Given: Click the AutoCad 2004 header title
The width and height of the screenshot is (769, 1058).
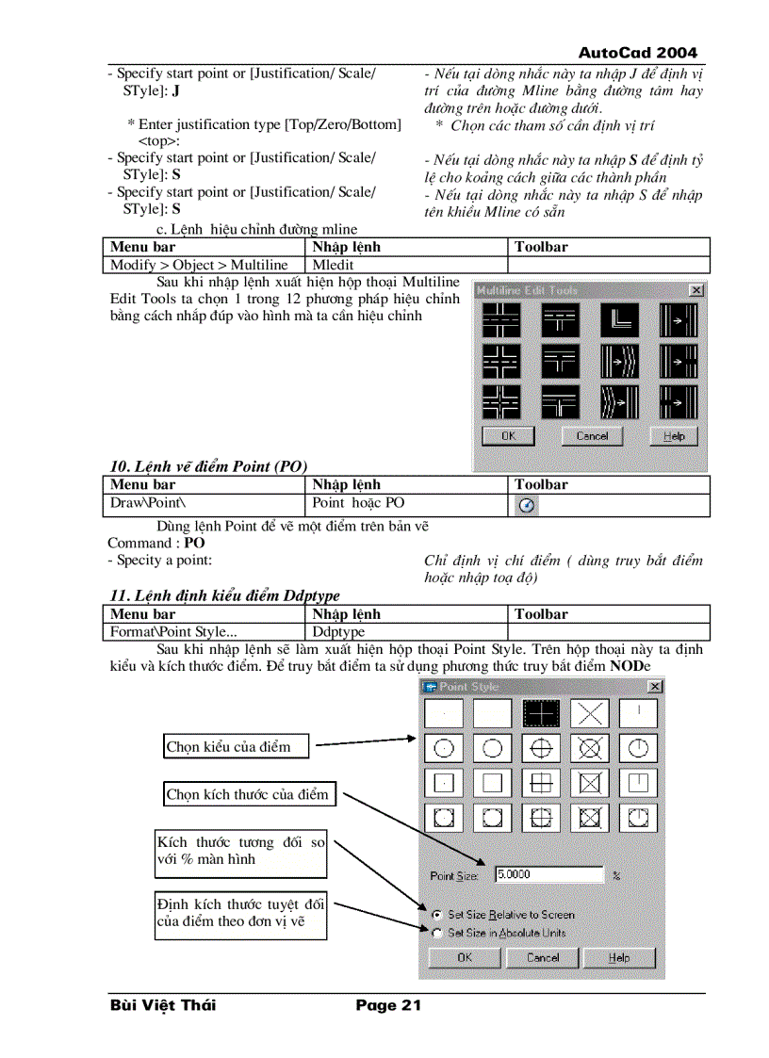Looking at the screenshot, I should [637, 53].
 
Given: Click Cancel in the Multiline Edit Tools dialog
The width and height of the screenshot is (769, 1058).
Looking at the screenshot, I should [592, 436].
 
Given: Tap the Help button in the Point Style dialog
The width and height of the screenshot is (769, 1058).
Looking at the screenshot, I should [618, 957].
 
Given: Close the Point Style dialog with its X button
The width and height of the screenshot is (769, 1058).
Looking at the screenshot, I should [655, 687].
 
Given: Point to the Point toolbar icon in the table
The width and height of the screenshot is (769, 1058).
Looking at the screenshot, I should [528, 506].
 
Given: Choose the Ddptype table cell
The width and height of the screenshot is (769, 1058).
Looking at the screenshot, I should [338, 631].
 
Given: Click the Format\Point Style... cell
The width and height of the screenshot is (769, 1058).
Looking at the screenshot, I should [174, 631].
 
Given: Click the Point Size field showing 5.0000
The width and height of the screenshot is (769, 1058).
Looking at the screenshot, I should [548, 874].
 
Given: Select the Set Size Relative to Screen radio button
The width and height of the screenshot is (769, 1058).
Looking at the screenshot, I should [436, 915].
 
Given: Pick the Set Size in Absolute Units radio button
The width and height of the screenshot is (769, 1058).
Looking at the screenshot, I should [436, 933].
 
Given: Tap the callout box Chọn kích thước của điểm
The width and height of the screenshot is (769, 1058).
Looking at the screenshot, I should [248, 794].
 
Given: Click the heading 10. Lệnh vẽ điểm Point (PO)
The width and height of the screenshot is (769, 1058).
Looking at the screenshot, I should [208, 465].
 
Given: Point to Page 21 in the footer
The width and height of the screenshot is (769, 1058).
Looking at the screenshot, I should [388, 1005].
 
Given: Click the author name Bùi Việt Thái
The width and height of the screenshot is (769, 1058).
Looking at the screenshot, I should [162, 1005].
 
